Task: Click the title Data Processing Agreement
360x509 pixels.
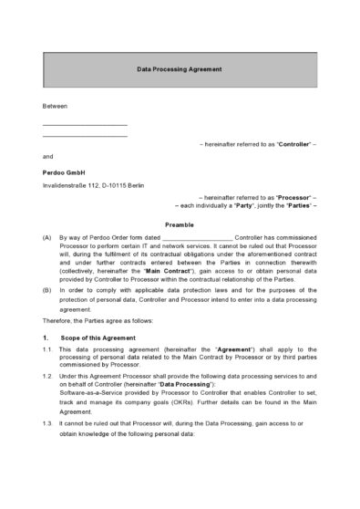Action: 180,69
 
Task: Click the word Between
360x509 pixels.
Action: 55,106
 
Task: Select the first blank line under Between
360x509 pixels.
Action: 85,124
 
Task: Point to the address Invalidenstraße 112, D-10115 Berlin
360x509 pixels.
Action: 93,185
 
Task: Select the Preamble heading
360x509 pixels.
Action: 180,224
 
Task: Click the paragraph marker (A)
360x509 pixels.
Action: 47,237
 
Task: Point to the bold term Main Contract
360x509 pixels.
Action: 173,272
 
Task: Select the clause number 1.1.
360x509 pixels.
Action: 47,350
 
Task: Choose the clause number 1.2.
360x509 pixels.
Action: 47,376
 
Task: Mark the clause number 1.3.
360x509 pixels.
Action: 47,424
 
